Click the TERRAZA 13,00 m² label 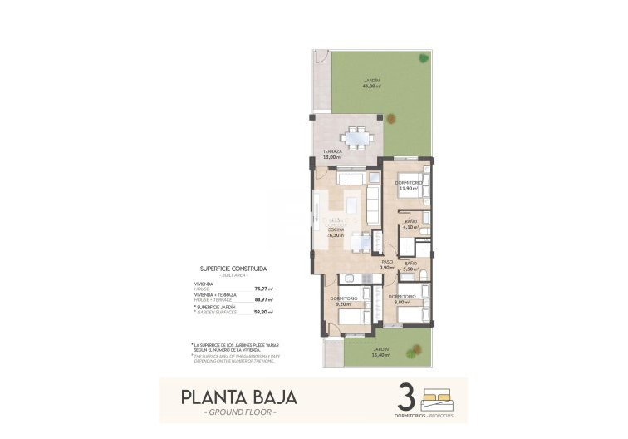(332, 155)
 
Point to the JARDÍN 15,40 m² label (380, 353)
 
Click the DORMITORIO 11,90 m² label (409, 185)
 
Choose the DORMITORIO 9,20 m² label (343, 301)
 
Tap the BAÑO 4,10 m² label (410, 224)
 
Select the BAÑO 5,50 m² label (410, 266)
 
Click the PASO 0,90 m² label (385, 264)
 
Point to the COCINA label (336, 233)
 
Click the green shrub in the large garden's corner (424, 57)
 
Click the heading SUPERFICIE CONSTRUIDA (233, 269)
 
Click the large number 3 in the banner (407, 394)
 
